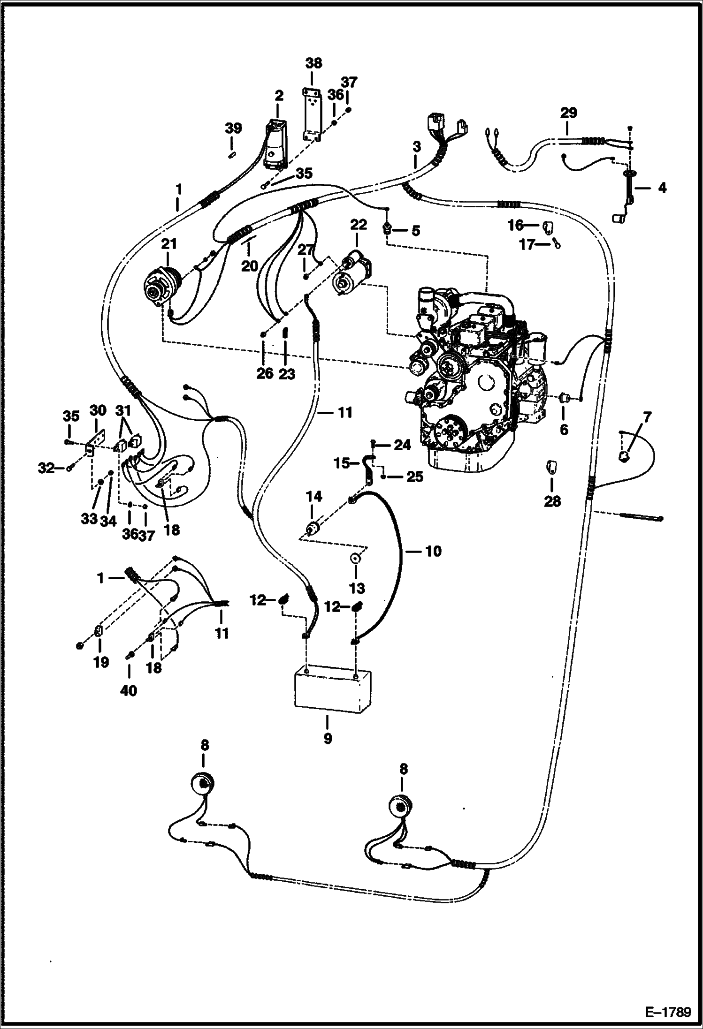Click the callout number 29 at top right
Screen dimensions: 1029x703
click(x=568, y=113)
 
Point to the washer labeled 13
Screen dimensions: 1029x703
click(x=355, y=559)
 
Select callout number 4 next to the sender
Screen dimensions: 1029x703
click(x=662, y=189)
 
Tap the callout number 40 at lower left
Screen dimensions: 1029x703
click(x=129, y=691)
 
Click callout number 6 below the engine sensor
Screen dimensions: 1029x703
click(x=564, y=429)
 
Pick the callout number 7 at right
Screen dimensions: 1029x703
click(x=647, y=416)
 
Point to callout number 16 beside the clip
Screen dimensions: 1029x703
click(x=515, y=226)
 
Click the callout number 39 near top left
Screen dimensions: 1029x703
click(x=233, y=128)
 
